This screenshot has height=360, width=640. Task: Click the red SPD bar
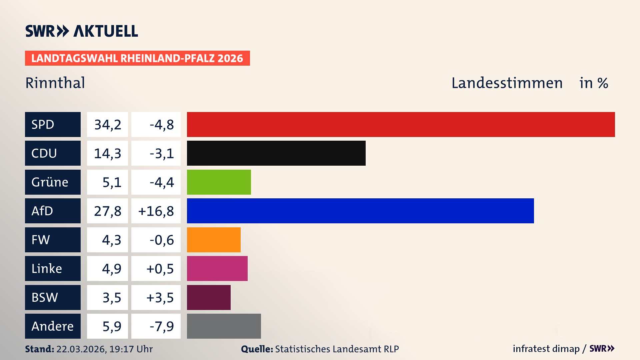[x=401, y=124]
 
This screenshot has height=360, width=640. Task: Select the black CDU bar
[x=276, y=153]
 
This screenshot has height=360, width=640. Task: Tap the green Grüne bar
[x=219, y=182]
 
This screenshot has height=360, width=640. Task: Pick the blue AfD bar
[x=360, y=211]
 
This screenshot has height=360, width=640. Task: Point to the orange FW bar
[x=213, y=240]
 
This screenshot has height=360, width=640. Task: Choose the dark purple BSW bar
[x=209, y=297]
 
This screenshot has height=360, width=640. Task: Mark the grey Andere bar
[x=224, y=326]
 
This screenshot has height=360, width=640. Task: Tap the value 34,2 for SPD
[x=107, y=125]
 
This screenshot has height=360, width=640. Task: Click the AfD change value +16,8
[x=156, y=211]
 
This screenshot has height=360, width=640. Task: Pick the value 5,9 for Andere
[x=111, y=326]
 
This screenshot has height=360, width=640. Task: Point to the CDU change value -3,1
[x=162, y=153]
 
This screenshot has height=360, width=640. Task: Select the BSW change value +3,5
[x=160, y=298]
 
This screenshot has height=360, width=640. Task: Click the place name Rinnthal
[x=55, y=83]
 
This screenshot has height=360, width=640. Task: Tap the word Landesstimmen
[x=507, y=83]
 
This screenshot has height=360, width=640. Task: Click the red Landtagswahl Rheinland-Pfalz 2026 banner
[x=137, y=58]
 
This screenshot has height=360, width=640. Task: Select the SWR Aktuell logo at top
[x=82, y=31]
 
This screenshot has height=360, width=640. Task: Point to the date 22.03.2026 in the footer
[x=81, y=349]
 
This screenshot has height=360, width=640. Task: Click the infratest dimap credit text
[x=546, y=349]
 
